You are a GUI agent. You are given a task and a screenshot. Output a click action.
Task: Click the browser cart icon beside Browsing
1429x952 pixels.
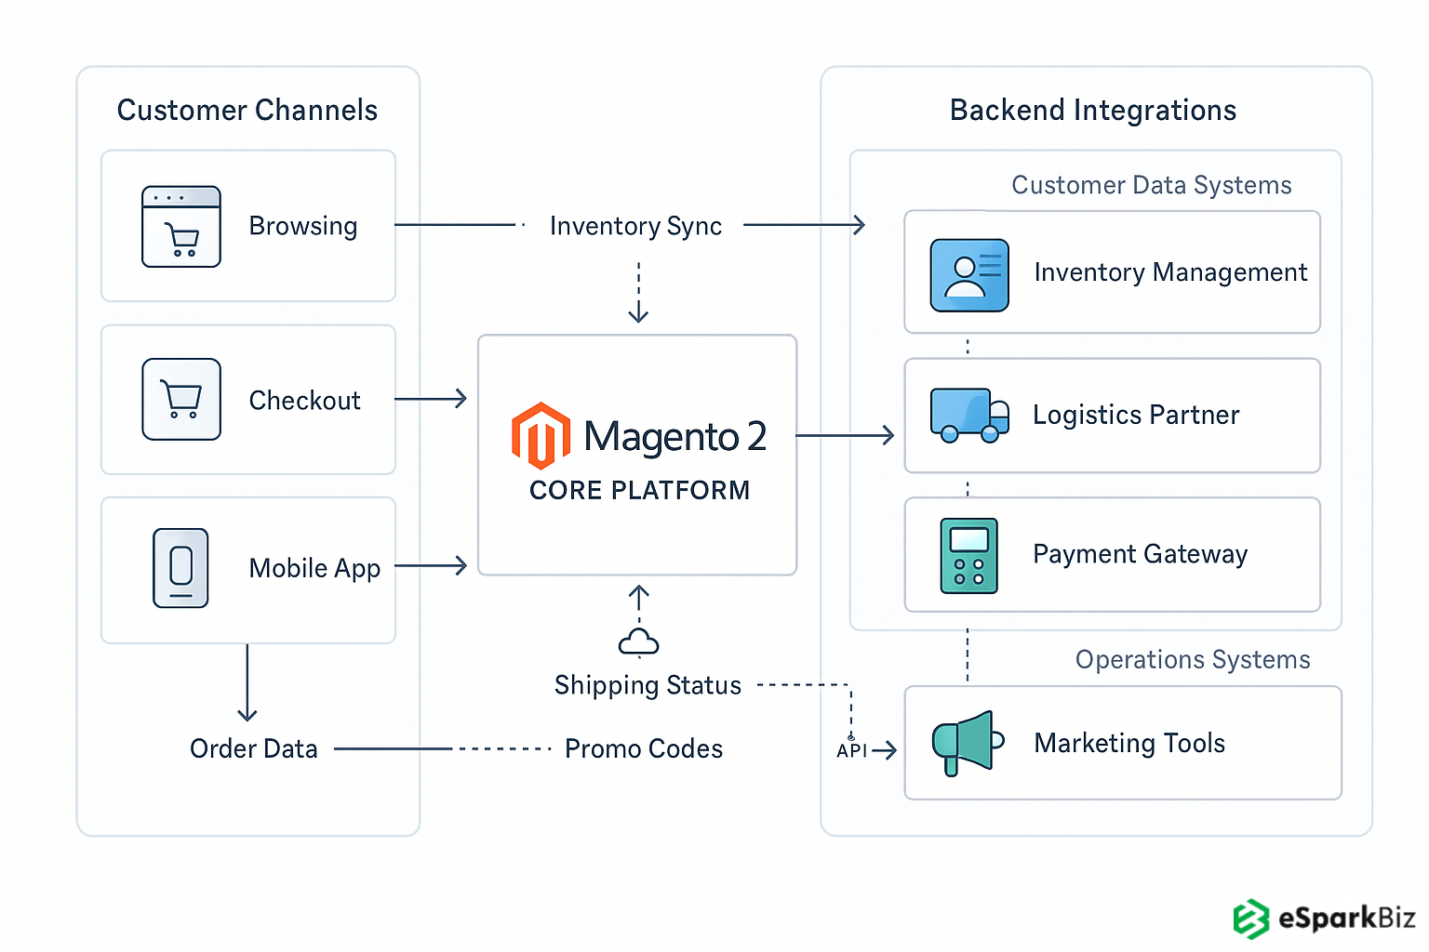coord(181,227)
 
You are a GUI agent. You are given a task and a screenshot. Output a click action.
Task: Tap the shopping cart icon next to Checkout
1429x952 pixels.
coord(181,400)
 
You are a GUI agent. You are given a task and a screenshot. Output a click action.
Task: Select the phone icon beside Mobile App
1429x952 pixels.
coord(180,568)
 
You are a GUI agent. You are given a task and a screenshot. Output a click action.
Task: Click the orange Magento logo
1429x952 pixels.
coord(541,435)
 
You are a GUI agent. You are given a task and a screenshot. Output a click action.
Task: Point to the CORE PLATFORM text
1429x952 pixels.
coord(639,490)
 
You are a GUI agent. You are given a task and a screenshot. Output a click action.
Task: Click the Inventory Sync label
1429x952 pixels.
coord(635,226)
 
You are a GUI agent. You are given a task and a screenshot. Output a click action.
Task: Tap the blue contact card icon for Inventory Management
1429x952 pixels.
coord(969,274)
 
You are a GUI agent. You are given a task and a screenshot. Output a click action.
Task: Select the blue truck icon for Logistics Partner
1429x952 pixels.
coord(969,415)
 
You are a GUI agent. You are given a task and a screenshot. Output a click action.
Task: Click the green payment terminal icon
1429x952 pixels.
coord(969,555)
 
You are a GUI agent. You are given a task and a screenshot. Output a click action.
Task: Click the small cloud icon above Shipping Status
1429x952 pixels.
coord(638,642)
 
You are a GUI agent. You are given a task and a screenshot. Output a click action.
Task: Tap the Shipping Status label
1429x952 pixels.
coord(648,685)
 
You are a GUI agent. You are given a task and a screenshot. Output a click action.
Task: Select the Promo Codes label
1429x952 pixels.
coord(643,748)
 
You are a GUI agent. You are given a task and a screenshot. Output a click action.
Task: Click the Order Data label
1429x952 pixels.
coord(253,748)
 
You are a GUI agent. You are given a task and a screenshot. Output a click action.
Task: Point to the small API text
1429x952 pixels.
coord(851,750)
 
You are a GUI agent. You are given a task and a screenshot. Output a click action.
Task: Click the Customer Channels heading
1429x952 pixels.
coord(247,110)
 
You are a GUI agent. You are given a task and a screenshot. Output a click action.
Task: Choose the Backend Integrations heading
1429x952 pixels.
coord(1093,110)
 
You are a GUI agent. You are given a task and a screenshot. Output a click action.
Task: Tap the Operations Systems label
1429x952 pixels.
coord(1193,659)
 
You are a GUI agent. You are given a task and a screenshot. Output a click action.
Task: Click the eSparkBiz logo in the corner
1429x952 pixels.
coord(1324,919)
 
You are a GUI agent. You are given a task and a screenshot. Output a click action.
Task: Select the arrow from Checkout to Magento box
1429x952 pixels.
coord(431,400)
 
